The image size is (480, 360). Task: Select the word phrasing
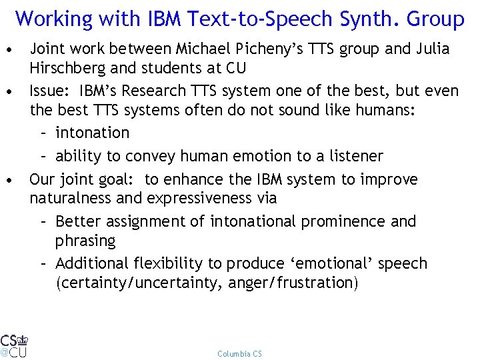85,240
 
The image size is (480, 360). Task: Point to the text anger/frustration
293,283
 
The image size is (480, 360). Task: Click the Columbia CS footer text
239,353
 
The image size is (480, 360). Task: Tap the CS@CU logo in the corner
14,345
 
